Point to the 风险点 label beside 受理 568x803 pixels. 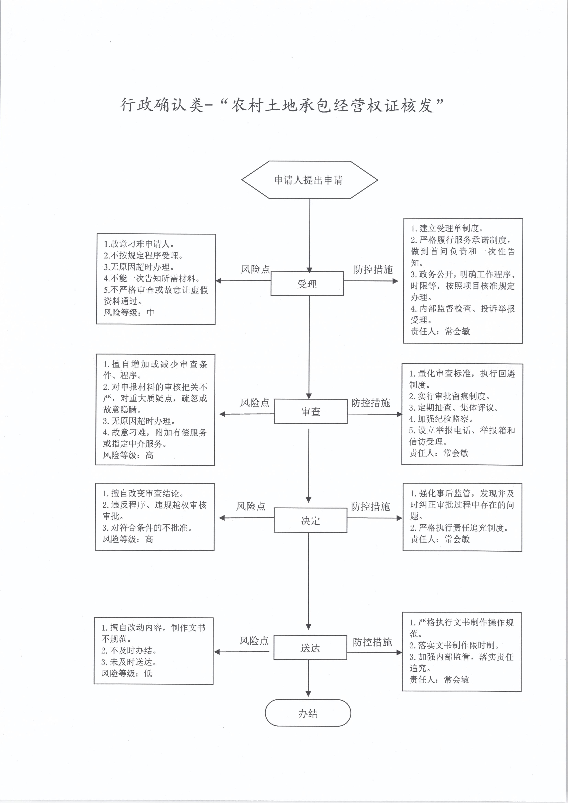coord(255,269)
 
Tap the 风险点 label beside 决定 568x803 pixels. coord(251,506)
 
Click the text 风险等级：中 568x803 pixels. coord(129,312)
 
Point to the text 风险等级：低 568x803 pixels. coord(127,673)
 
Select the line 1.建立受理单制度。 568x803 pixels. coord(447,228)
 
